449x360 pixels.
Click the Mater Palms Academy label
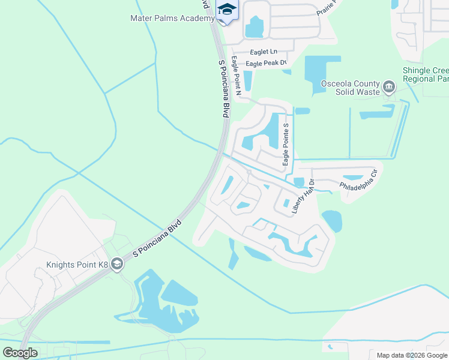(172, 18)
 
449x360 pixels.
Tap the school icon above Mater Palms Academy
(226, 10)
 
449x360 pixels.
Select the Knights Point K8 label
(77, 265)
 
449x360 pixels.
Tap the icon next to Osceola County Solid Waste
(389, 88)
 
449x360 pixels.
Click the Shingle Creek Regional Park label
(426, 74)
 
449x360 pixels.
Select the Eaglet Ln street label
(264, 52)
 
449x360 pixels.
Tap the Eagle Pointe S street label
(286, 144)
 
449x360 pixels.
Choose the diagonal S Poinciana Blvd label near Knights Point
(156, 239)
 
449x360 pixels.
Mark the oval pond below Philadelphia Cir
(332, 221)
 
